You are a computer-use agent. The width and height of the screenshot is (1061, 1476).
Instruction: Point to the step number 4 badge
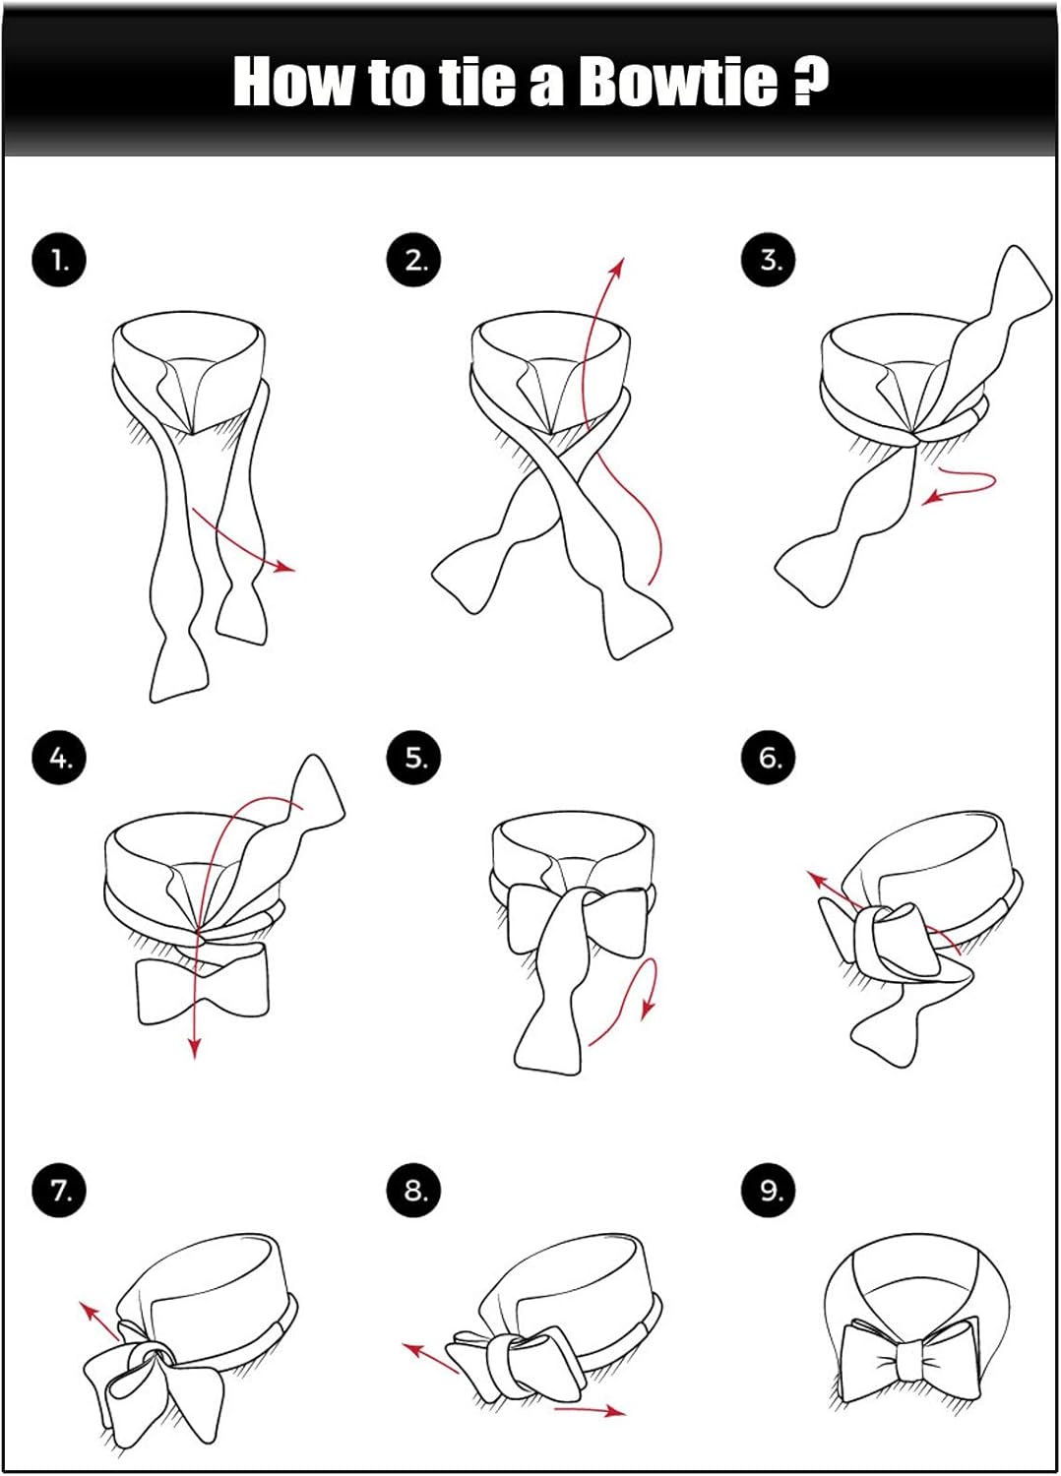pos(59,757)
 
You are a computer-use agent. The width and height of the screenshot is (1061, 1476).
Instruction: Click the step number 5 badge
pos(413,757)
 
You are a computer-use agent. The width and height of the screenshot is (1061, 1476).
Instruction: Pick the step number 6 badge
pos(769,757)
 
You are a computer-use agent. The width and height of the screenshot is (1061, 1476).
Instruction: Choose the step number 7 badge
pos(59,1191)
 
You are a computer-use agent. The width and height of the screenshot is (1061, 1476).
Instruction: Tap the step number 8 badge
pos(413,1191)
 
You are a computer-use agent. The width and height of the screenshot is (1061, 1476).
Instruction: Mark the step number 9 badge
pos(769,1191)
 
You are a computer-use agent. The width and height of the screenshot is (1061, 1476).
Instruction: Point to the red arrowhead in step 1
pos(285,567)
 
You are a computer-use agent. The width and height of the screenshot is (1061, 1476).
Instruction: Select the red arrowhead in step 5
pos(649,1008)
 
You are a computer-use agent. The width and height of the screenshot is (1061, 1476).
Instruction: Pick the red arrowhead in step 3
pos(931,500)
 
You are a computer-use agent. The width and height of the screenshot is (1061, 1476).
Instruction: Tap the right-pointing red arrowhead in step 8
pos(615,1411)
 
